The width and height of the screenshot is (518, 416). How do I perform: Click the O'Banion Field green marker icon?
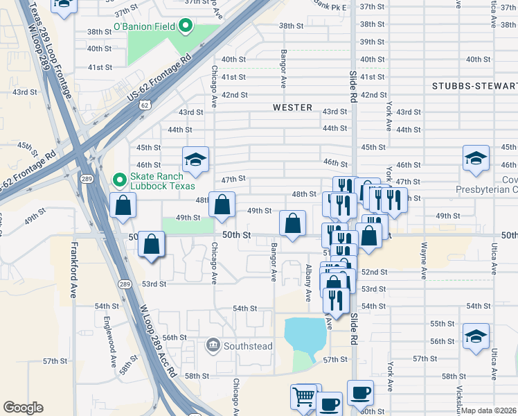pos(185,28)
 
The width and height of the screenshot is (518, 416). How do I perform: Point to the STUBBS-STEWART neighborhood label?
pos(474,86)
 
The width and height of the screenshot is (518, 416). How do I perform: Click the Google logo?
pos(24,408)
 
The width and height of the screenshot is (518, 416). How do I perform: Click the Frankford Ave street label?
pos(74,270)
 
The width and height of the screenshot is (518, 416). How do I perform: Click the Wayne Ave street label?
pos(425,261)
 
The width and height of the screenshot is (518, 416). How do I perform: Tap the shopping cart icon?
pos(303,397)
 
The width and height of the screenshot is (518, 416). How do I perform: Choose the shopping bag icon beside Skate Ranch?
pos(123,205)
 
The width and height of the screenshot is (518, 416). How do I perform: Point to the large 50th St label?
pos(235,236)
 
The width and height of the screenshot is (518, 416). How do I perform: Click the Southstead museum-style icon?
pos(213,345)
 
